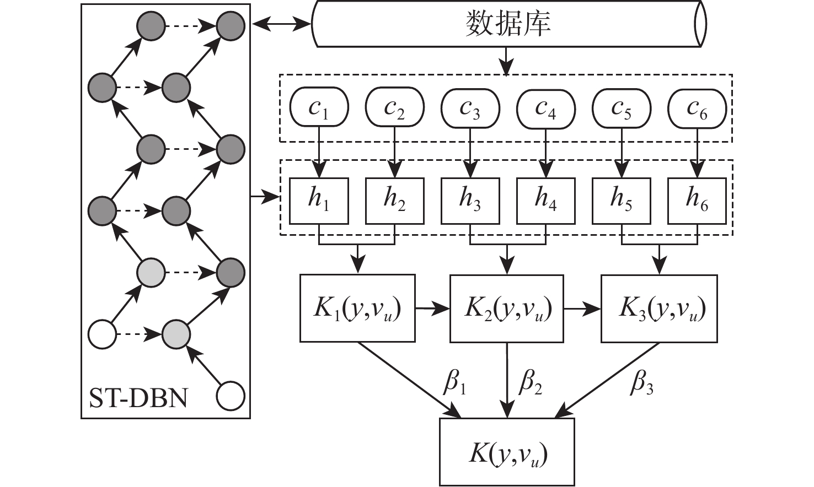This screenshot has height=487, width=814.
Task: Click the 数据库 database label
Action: (508, 24)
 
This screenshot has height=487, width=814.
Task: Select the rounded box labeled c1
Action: (319, 107)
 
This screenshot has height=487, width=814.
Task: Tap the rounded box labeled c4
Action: (545, 107)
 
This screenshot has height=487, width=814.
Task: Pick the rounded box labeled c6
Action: (697, 107)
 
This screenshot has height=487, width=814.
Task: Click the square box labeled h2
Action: (395, 201)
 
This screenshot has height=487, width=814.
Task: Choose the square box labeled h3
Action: (470, 201)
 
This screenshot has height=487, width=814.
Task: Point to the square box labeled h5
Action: (621, 201)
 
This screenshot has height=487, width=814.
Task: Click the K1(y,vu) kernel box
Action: (357, 308)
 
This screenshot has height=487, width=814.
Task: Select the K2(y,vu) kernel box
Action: (508, 308)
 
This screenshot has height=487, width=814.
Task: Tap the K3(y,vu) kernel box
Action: (659, 308)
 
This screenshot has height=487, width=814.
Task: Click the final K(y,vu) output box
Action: (507, 452)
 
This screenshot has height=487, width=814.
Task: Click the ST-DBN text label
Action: (138, 398)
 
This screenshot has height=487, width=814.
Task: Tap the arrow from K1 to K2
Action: (432, 309)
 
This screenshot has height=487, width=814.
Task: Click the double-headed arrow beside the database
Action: (281, 24)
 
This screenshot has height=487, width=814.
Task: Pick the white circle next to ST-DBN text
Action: (231, 397)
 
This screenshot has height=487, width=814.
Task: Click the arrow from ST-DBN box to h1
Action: (265, 196)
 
